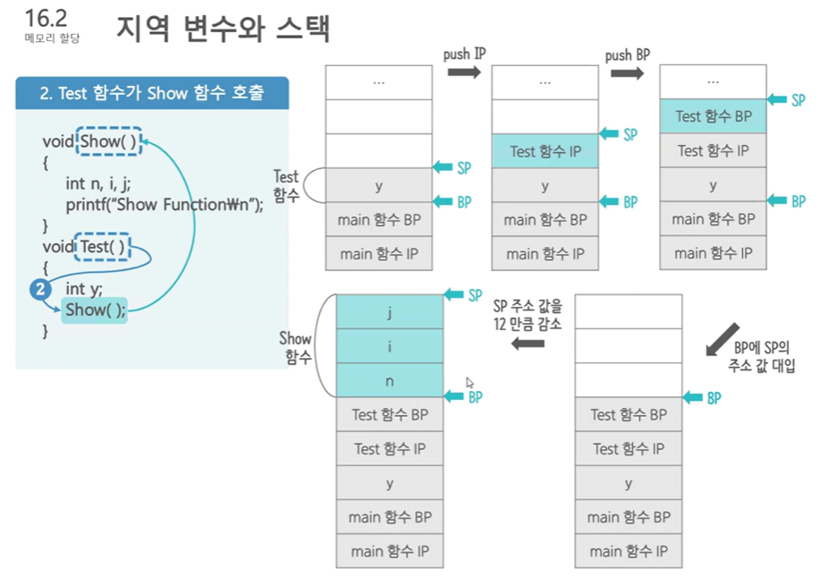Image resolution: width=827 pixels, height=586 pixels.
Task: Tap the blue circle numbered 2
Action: pos(39,289)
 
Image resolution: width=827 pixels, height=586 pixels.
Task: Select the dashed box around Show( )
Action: pos(109,141)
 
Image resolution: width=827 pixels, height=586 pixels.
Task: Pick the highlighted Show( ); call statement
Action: pos(95,310)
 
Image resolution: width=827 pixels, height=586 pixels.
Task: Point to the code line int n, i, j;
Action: pos(98,183)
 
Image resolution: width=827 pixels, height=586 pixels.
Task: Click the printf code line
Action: pos(165,205)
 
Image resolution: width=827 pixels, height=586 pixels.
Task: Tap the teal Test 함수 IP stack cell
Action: pos(544,151)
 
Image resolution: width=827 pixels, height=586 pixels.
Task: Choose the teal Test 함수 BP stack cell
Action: pos(713,116)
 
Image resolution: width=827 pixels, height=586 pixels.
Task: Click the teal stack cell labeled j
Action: pos(389,312)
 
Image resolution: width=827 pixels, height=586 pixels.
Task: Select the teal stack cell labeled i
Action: pos(389,346)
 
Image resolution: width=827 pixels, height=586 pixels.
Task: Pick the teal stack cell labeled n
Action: pos(389,380)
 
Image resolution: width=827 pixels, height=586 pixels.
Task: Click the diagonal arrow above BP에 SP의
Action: pos(724,336)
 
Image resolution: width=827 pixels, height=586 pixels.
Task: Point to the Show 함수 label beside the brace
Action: pos(295,347)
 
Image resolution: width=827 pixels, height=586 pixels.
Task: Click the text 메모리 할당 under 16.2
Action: pos(52,38)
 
